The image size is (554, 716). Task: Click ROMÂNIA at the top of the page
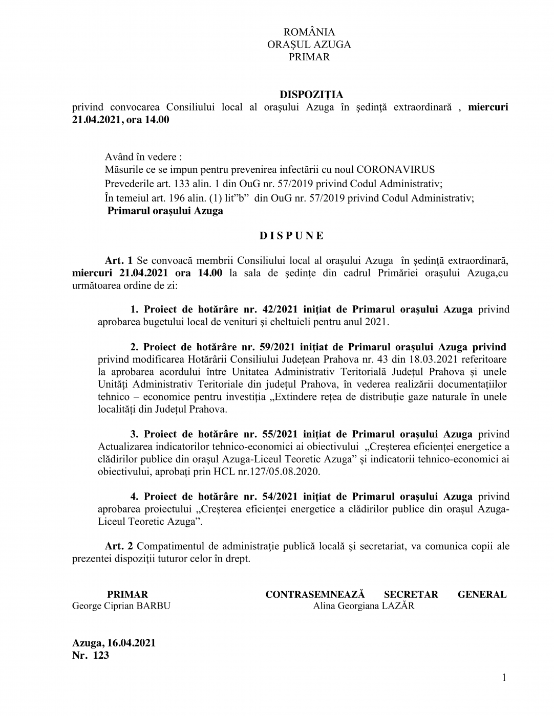point(309,32)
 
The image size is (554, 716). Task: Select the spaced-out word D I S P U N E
point(291,236)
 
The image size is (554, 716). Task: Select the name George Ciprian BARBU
point(121,606)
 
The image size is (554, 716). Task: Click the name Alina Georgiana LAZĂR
point(364,606)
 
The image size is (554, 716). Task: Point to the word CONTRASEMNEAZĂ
point(315,594)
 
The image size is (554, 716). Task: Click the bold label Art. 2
point(119,546)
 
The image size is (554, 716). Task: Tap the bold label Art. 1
point(119,261)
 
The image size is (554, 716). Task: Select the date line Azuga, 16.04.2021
point(114,643)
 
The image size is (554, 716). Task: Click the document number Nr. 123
point(91,655)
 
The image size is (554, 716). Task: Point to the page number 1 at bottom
point(504,678)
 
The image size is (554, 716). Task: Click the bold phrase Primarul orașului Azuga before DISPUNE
point(165,211)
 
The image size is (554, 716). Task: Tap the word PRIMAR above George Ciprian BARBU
point(127,594)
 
